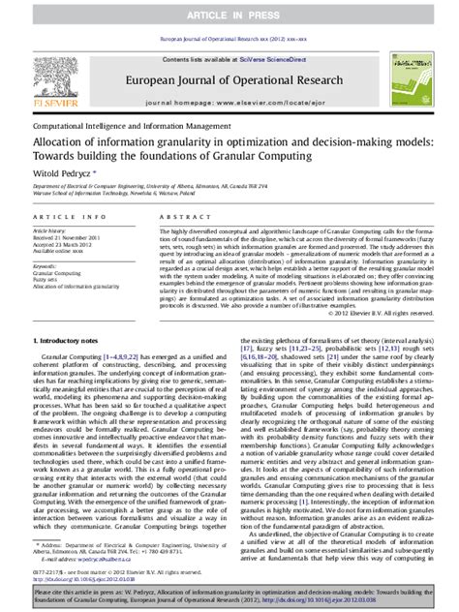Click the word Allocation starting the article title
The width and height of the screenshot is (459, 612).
click(x=64, y=141)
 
